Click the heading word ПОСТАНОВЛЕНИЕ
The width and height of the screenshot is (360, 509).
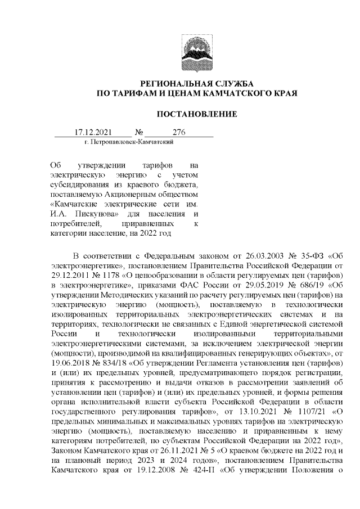tap(196, 114)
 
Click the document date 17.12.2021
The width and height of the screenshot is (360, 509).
tap(93, 133)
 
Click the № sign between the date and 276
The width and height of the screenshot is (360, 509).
tap(138, 133)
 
